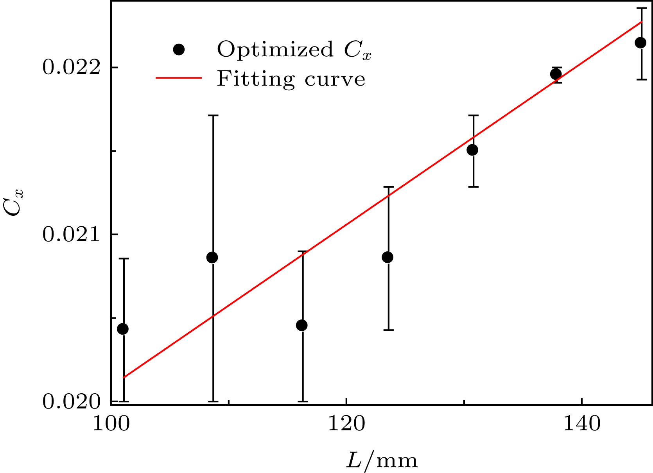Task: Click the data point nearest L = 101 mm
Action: (x=123, y=329)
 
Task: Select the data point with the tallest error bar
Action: (x=212, y=257)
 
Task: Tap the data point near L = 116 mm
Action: (x=302, y=325)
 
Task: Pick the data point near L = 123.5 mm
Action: (x=387, y=257)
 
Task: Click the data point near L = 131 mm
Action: (x=472, y=150)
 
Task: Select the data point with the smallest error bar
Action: (x=556, y=74)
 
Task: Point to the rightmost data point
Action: (x=640, y=43)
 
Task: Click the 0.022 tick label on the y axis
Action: (x=71, y=67)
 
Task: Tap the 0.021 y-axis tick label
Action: (x=71, y=235)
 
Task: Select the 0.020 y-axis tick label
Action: (x=71, y=402)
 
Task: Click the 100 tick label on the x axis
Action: (x=111, y=424)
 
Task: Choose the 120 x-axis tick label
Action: (x=346, y=424)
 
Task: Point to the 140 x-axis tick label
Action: (x=581, y=424)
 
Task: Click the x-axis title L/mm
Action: (x=382, y=460)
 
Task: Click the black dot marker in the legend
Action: (x=179, y=50)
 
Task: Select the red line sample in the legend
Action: (x=179, y=78)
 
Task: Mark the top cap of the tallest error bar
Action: (x=213, y=115)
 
